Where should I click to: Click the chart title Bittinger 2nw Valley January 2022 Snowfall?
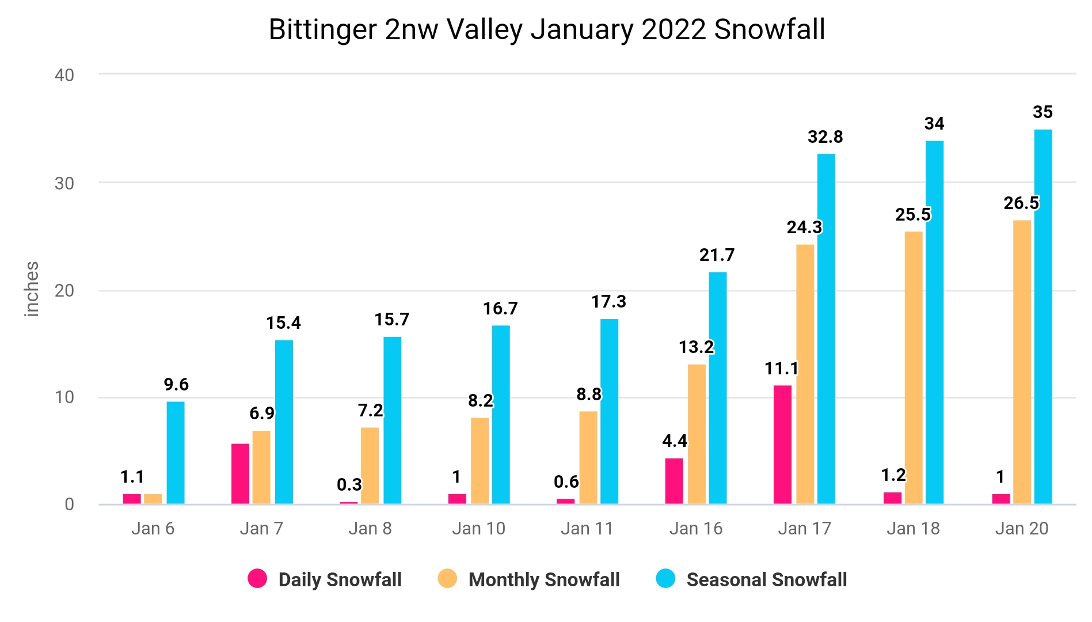point(547,30)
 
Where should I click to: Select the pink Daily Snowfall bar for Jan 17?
point(782,445)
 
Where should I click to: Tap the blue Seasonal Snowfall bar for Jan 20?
point(1043,317)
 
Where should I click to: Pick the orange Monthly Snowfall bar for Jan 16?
point(697,434)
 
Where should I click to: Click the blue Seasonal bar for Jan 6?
point(176,453)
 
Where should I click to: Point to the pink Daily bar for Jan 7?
point(240,474)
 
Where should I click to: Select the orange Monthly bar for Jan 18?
point(914,368)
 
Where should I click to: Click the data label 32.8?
point(825,137)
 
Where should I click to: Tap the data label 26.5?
point(1021,203)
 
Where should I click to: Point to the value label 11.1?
point(781,369)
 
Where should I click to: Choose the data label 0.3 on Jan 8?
point(349,485)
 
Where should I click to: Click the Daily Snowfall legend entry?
point(325,579)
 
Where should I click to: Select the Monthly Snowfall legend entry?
point(528,579)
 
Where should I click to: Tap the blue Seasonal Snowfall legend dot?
point(665,578)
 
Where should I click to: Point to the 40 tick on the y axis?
point(64,75)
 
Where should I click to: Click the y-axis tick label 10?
point(64,397)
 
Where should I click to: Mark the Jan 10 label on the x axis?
point(478,528)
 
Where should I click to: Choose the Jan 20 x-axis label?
point(1022,528)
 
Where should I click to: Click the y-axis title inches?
point(32,289)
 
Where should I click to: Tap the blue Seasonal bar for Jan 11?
point(609,412)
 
